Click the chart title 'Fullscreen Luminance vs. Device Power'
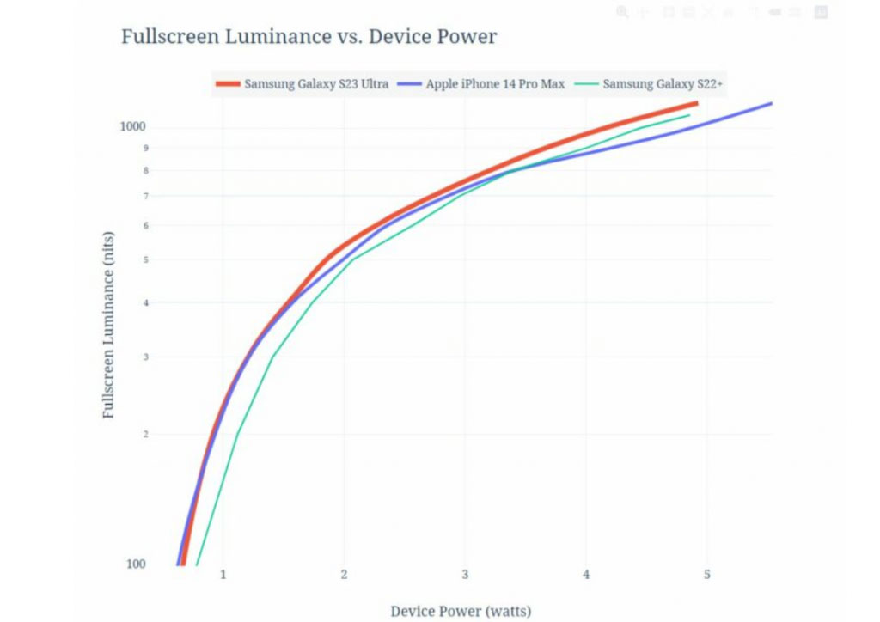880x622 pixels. coord(309,37)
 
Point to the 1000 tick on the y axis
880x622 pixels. coord(133,127)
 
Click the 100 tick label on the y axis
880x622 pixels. coord(136,564)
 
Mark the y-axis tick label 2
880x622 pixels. coord(145,435)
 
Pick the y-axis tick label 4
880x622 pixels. coord(145,302)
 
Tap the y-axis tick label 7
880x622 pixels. coord(145,197)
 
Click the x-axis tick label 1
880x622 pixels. coord(224,574)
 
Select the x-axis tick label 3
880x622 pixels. coord(466,574)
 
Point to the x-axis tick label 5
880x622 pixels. coord(707,574)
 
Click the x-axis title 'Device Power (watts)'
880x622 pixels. coord(461,611)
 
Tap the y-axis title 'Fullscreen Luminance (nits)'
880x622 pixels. coord(109,325)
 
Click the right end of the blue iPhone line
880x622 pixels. coord(771,103)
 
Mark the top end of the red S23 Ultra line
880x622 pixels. coord(695,104)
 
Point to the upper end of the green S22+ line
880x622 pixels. coord(689,115)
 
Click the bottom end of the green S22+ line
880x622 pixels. coord(197,564)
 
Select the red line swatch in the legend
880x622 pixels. coord(228,84)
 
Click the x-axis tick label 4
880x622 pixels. coord(587,574)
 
